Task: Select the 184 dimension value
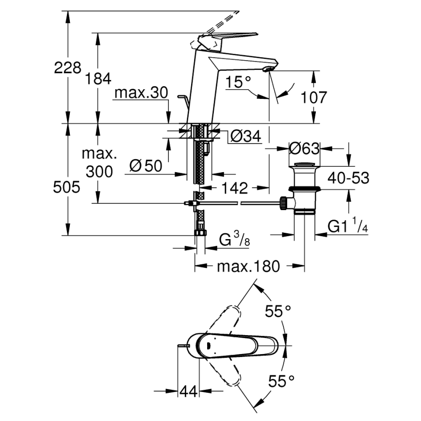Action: tap(99, 79)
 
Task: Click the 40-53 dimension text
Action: tap(348, 178)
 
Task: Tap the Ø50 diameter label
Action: tap(146, 166)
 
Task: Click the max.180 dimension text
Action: tap(248, 266)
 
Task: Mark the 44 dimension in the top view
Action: tap(190, 391)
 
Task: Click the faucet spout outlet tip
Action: tap(266, 70)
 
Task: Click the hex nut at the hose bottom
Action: tap(199, 233)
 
